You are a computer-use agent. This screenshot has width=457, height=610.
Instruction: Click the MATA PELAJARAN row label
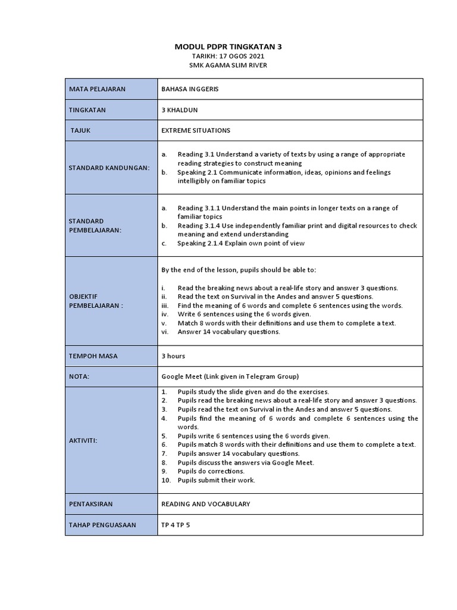98,89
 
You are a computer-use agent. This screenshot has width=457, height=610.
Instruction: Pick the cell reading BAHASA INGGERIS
190,89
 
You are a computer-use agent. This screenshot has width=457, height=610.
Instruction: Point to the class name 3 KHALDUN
180,110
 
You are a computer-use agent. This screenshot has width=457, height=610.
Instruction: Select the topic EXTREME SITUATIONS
196,130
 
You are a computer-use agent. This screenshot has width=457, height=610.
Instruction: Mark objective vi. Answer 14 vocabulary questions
228,332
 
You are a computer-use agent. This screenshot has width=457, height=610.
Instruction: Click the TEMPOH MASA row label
93,356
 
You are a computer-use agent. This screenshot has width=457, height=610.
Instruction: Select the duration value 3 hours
173,356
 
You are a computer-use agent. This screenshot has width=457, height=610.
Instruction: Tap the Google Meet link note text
230,376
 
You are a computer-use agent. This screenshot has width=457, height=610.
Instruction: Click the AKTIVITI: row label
83,440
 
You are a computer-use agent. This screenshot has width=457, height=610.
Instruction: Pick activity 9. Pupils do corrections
211,471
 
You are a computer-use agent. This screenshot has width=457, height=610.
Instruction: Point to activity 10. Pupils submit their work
216,480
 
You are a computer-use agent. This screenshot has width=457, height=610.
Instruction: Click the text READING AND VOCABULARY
206,504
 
